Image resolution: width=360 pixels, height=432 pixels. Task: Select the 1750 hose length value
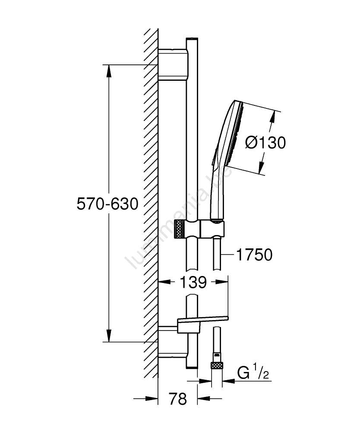click(254, 255)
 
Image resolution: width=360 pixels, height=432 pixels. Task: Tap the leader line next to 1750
click(228, 255)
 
